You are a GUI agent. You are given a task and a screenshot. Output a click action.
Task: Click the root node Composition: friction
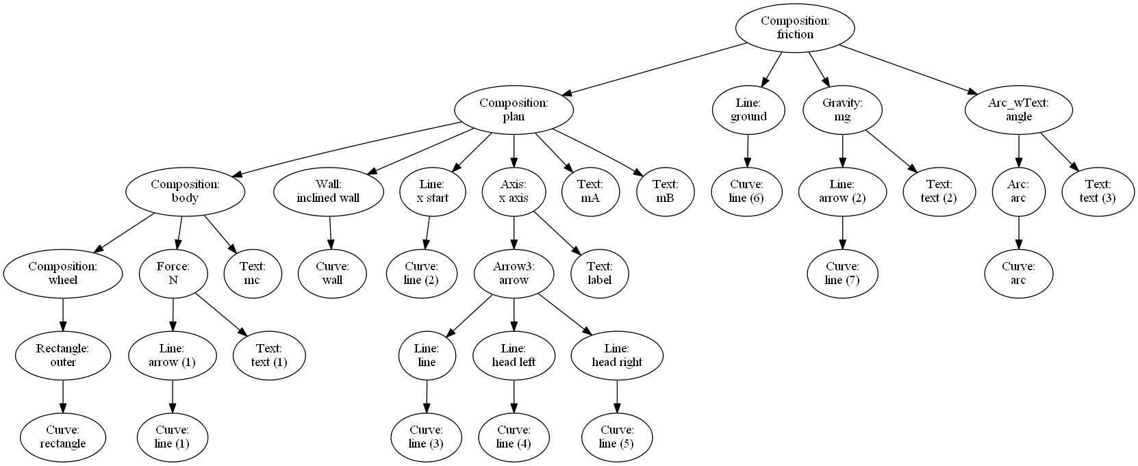tap(794, 27)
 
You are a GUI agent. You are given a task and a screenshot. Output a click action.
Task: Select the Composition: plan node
tap(514, 109)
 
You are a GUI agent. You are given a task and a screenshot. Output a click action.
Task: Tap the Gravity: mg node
tap(842, 109)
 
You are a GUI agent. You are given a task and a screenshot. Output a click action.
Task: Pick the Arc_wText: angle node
tap(1018, 109)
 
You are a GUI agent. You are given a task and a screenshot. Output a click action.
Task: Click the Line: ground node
tap(748, 109)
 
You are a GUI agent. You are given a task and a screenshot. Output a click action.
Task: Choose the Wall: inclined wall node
tap(328, 192)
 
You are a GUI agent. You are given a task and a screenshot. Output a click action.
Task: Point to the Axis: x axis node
tap(514, 192)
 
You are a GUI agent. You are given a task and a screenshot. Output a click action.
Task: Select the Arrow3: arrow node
tap(514, 274)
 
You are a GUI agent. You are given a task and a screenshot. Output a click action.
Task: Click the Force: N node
tap(173, 274)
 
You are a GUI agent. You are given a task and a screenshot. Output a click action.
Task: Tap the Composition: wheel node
tap(63, 274)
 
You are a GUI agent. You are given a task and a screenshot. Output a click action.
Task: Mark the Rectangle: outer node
tap(63, 356)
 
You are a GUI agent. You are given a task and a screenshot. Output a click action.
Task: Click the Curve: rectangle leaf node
tap(63, 437)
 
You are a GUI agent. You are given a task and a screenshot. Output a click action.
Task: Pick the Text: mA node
tap(590, 192)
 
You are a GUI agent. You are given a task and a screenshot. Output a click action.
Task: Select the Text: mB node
tap(665, 192)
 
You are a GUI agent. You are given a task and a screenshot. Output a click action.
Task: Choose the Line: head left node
tap(514, 356)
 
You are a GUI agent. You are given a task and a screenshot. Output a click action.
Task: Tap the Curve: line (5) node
tap(617, 437)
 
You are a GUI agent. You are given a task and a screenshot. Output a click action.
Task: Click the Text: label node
tap(599, 274)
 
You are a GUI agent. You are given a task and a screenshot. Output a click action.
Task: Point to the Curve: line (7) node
tap(842, 274)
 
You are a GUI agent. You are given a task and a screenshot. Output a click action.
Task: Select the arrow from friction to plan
tap(654, 68)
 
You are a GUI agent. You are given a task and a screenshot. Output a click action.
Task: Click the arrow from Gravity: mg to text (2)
tap(890, 150)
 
